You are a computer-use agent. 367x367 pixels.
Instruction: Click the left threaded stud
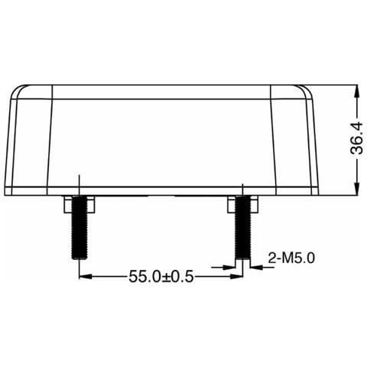(x=79, y=233)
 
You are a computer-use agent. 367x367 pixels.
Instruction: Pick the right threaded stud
(x=242, y=233)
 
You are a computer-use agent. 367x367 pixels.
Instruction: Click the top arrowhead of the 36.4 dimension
(x=356, y=89)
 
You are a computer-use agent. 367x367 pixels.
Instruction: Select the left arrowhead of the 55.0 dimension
(x=84, y=277)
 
